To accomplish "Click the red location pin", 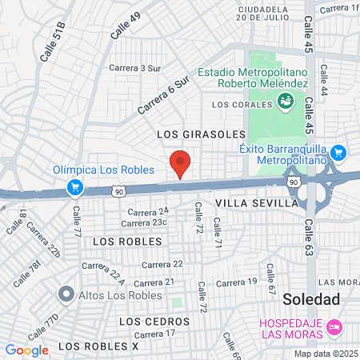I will [x=181, y=163].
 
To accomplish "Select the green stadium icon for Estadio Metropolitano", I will [x=285, y=100].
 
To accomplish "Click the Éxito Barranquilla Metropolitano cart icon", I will [x=338, y=152].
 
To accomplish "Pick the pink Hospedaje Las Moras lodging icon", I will [x=336, y=326].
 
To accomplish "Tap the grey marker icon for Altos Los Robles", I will [x=66, y=294].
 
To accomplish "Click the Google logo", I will [x=26, y=350].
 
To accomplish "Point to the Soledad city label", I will [x=312, y=299].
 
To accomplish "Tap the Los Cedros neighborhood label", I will [x=154, y=321].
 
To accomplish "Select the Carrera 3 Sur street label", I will [x=135, y=68].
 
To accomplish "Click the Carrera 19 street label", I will [x=237, y=282].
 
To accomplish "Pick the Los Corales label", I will [x=241, y=104].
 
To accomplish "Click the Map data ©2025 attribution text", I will [x=326, y=353].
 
